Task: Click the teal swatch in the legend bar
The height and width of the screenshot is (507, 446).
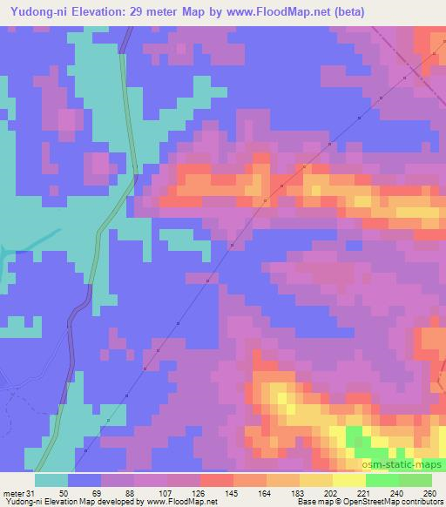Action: pyautogui.click(x=51, y=479)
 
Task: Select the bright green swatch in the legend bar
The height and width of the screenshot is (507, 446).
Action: pyautogui.click(x=383, y=479)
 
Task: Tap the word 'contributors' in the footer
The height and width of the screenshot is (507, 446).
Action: pyautogui.click(x=422, y=502)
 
